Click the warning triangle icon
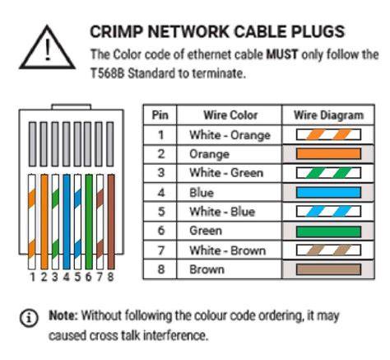click(47, 47)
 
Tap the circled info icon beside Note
click(29, 318)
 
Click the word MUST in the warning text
click(282, 54)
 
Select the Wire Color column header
click(230, 115)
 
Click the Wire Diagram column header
click(328, 115)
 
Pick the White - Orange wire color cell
click(230, 135)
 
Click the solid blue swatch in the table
click(328, 193)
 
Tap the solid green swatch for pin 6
click(328, 231)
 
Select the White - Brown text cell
click(228, 250)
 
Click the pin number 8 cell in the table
click(161, 269)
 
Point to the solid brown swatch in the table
click(328, 269)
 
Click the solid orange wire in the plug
click(44, 222)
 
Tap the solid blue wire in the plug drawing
click(67, 222)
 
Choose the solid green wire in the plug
click(89, 222)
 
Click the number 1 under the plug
click(33, 277)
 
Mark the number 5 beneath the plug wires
click(77, 277)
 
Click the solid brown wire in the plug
click(111, 222)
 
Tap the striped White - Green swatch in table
click(328, 173)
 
